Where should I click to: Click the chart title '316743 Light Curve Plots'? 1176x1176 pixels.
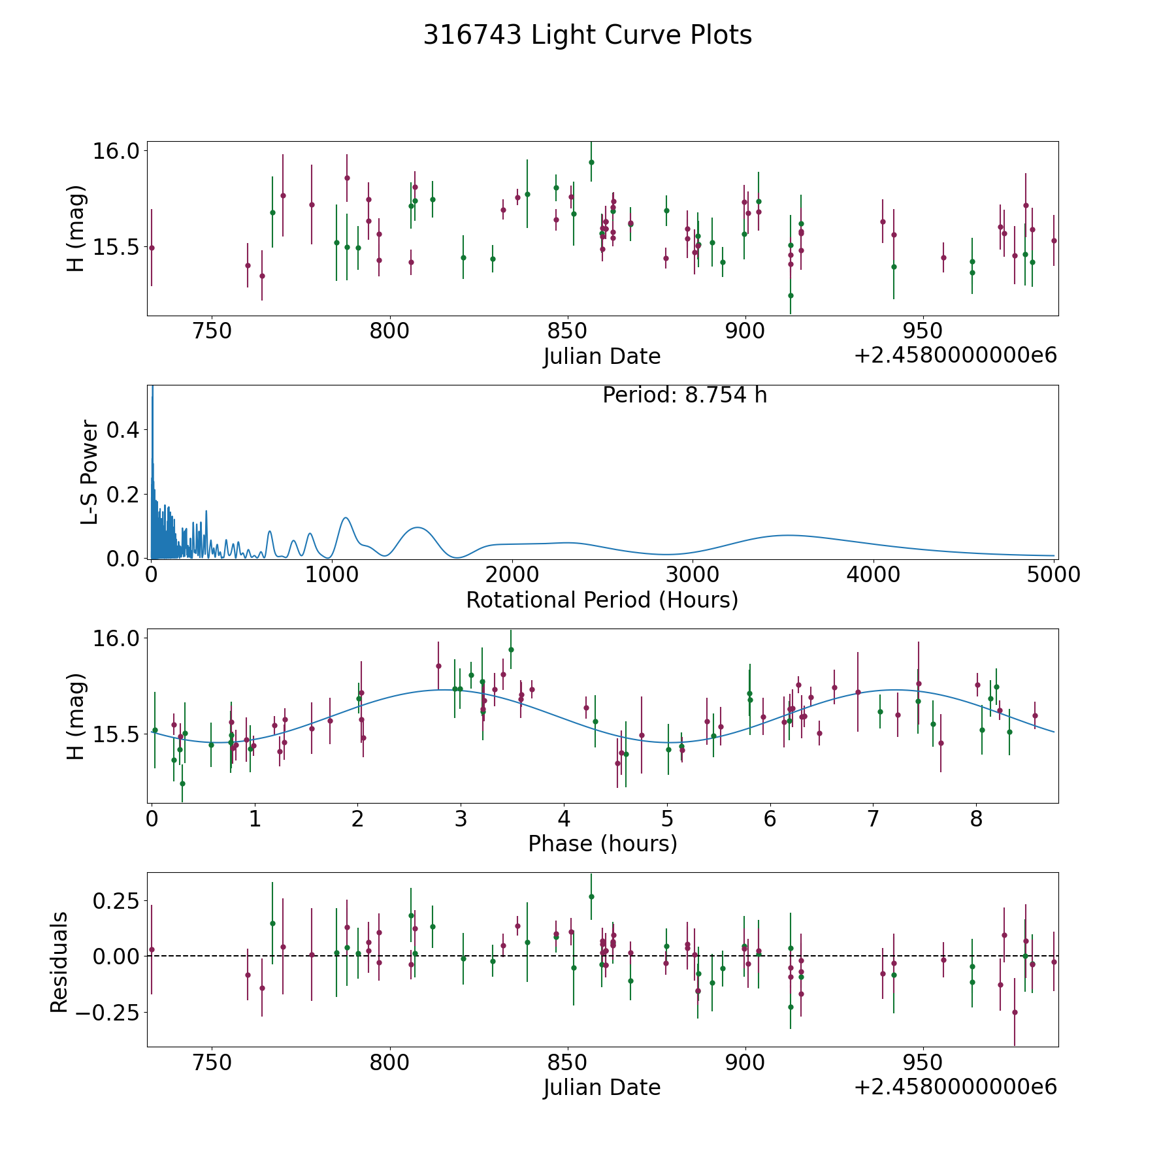pyautogui.click(x=587, y=35)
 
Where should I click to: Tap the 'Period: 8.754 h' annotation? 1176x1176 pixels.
pyautogui.click(x=684, y=395)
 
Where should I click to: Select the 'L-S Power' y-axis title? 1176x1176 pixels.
pyautogui.click(x=90, y=472)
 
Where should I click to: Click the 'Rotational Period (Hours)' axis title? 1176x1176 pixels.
pyautogui.click(x=602, y=600)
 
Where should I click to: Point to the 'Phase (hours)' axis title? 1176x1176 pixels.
pyautogui.click(x=602, y=843)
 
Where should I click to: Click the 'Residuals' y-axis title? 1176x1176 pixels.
pyautogui.click(x=59, y=962)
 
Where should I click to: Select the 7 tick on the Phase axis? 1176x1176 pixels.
pyautogui.click(x=874, y=819)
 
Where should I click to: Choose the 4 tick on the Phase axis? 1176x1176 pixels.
pyautogui.click(x=564, y=819)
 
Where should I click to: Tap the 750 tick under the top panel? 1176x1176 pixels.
pyautogui.click(x=213, y=331)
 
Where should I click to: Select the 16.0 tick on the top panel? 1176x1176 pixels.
pyautogui.click(x=116, y=151)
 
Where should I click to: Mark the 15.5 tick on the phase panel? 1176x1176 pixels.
pyautogui.click(x=116, y=735)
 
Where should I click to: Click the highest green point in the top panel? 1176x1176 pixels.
pyautogui.click(x=591, y=162)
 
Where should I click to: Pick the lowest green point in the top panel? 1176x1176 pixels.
pyautogui.click(x=791, y=295)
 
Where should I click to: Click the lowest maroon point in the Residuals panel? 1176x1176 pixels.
pyautogui.click(x=1015, y=1012)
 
